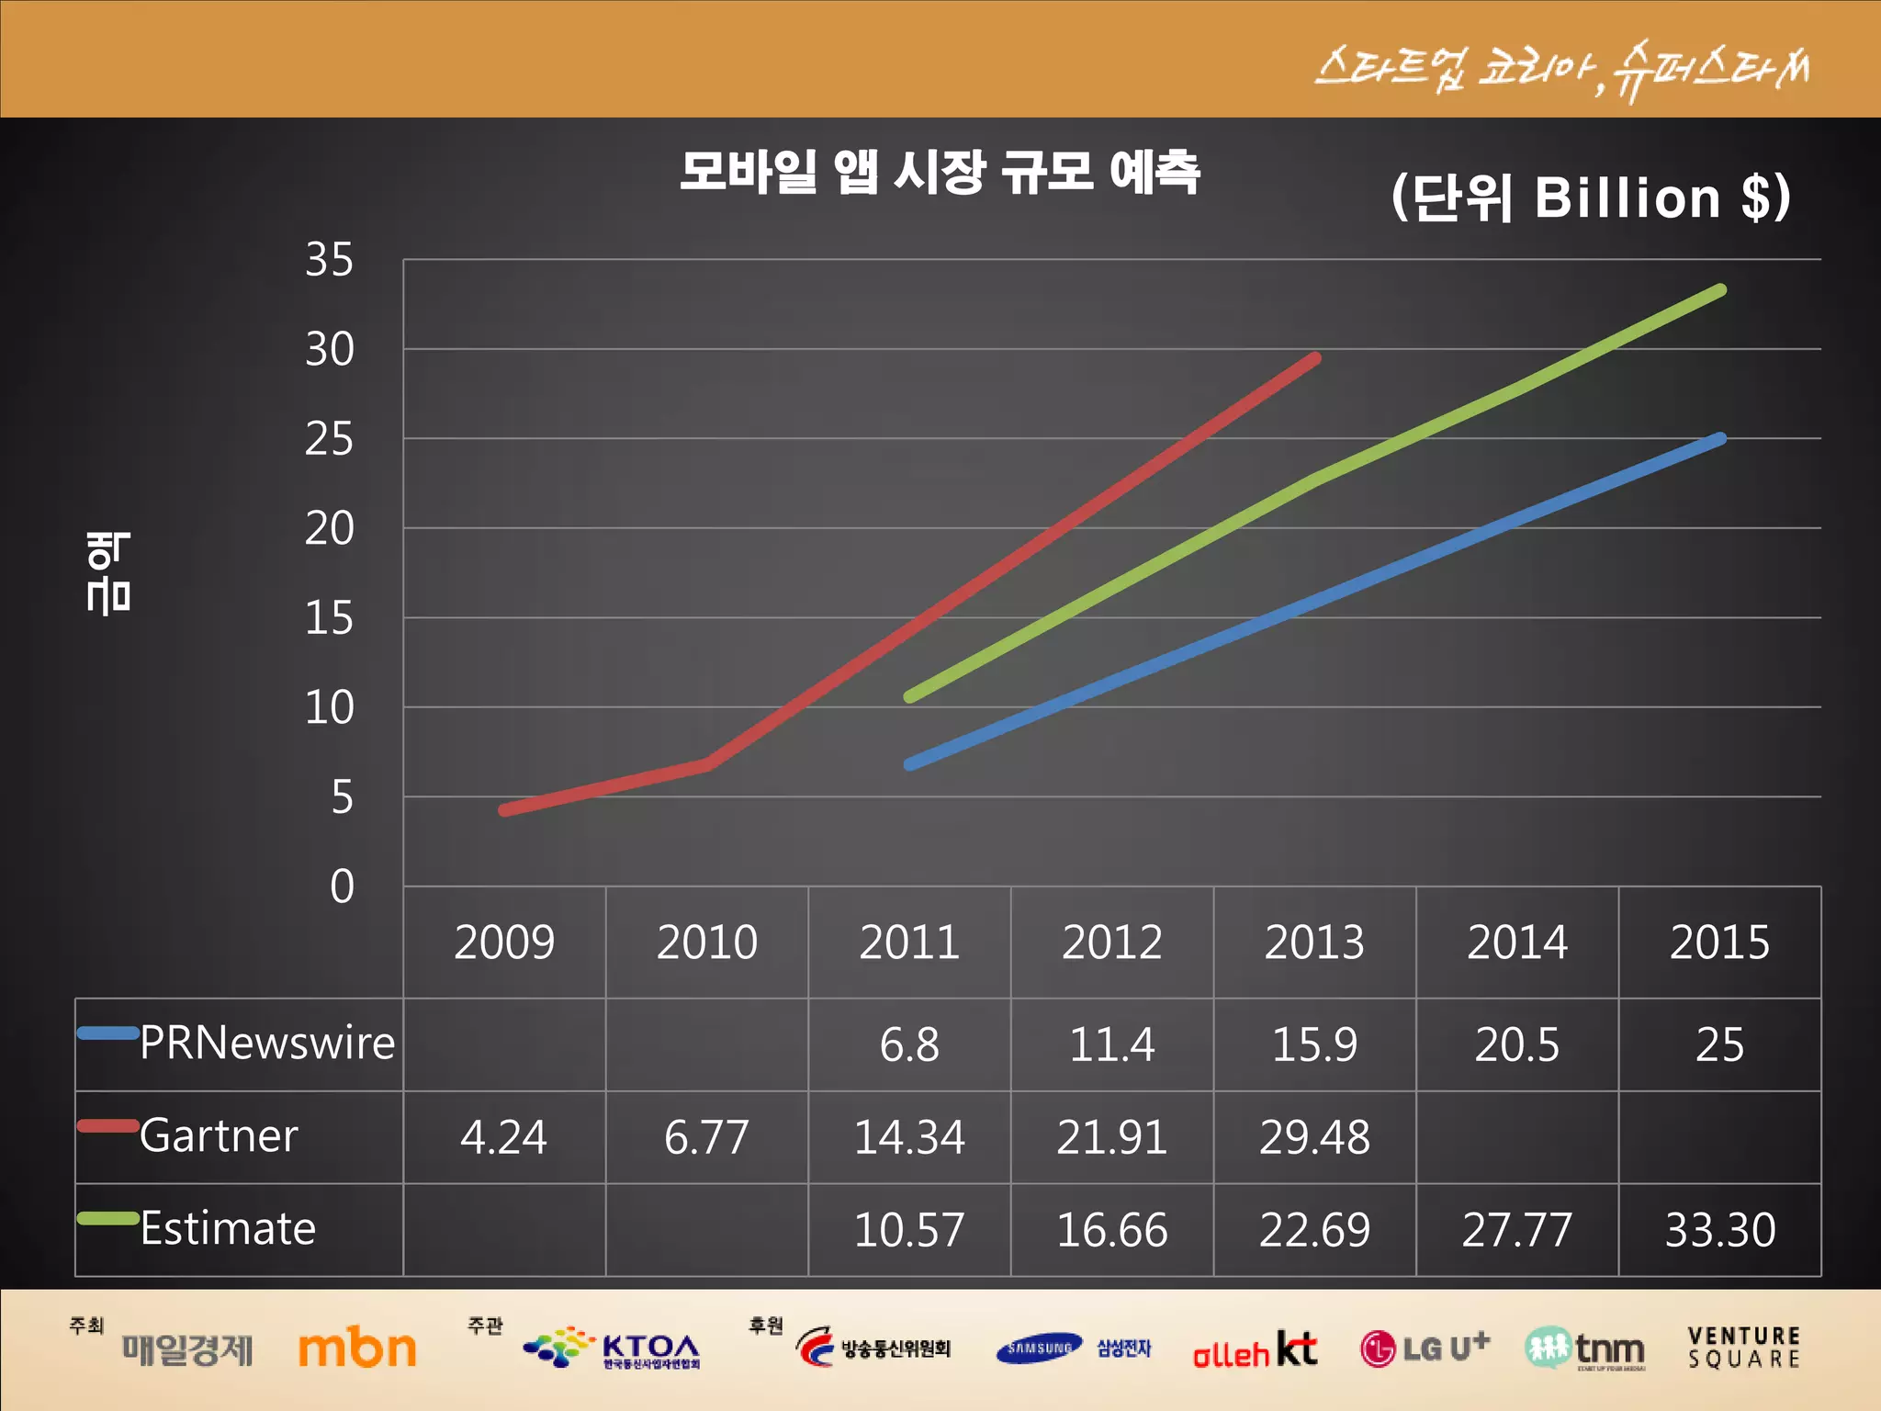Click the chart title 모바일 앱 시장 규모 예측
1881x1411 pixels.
coord(940,172)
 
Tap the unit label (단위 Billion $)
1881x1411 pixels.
coord(1591,198)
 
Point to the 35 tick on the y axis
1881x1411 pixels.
coord(330,260)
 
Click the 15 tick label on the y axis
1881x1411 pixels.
coord(330,618)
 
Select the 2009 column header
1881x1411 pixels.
coord(504,943)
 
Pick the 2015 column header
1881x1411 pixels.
coord(1719,943)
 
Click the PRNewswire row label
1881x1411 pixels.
coord(266,1044)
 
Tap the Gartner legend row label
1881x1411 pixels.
coord(219,1136)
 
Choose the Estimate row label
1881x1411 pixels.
coord(228,1229)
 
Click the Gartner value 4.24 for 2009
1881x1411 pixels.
coord(503,1137)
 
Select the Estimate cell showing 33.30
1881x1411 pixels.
coord(1720,1230)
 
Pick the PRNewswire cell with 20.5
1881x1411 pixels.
coord(1516,1044)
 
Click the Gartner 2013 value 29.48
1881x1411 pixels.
coord(1314,1137)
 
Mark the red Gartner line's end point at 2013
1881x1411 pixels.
coord(1315,358)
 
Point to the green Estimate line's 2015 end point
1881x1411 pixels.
coord(1720,290)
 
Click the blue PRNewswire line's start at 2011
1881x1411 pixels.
coord(910,763)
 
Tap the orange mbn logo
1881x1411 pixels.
coord(357,1349)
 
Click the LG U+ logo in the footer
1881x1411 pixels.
coord(1425,1349)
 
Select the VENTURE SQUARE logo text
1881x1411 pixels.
coord(1743,1348)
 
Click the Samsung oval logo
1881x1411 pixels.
coord(1039,1349)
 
